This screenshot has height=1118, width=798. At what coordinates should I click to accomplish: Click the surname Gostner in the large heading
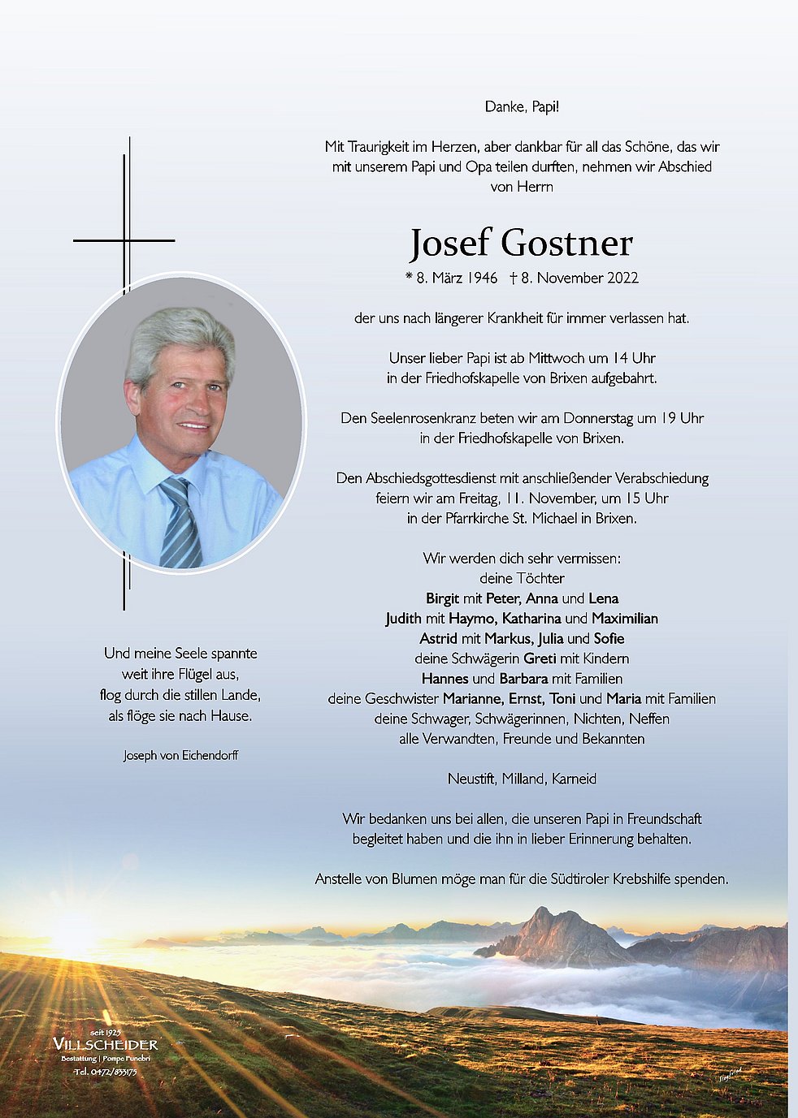tap(566, 243)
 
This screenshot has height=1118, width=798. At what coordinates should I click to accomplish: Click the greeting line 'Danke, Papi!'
tap(522, 106)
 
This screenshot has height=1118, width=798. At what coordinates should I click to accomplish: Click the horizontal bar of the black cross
tap(124, 240)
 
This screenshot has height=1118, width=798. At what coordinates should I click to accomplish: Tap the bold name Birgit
tap(442, 598)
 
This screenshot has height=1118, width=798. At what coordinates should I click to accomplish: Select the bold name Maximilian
tap(624, 619)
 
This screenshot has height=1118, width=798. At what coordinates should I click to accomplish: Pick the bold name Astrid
tap(439, 638)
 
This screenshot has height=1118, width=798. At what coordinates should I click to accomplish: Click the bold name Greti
tap(540, 658)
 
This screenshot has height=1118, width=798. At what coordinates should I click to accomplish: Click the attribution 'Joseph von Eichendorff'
tap(180, 756)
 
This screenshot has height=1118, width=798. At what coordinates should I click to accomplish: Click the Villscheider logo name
tap(105, 1044)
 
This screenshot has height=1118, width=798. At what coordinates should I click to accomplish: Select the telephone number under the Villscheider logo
tap(106, 1072)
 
